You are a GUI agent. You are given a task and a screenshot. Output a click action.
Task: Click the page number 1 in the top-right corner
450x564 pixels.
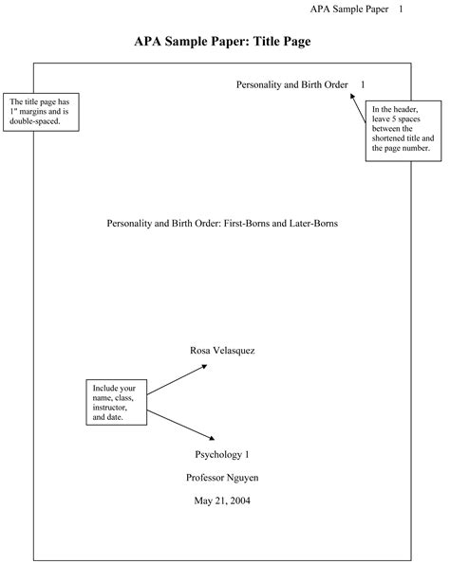point(427,9)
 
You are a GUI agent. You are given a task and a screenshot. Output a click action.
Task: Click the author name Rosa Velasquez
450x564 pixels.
point(222,350)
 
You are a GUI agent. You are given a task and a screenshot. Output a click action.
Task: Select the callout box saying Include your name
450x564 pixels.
point(115,402)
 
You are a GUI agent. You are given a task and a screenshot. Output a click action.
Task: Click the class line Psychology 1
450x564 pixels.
point(222,454)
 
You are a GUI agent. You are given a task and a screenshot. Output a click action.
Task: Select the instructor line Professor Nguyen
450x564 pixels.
point(222,477)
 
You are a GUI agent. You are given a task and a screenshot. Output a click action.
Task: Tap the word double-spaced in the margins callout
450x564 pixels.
point(35,121)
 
